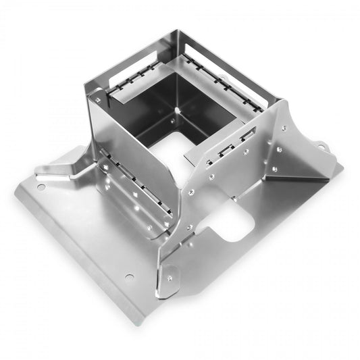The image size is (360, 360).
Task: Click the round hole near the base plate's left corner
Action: tap(41, 187)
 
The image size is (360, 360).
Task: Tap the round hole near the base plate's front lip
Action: tap(129, 277)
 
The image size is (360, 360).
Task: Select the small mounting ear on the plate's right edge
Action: tap(323, 147)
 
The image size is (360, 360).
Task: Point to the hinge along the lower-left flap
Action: tap(135, 186)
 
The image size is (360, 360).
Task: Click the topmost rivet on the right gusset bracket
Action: tap(283, 128)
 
